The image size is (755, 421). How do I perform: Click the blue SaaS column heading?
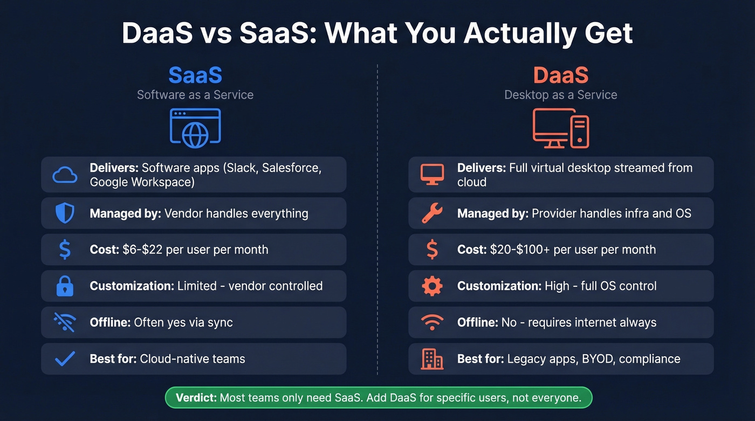click(x=195, y=75)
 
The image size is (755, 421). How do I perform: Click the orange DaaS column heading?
click(x=560, y=75)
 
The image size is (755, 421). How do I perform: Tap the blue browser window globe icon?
click(x=195, y=128)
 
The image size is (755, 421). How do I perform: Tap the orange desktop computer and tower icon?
click(x=561, y=128)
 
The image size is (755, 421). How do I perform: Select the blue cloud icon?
click(x=65, y=175)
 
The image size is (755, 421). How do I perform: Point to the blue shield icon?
click(x=65, y=213)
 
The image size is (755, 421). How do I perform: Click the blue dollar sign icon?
click(x=65, y=250)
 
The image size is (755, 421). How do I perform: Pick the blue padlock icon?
click(x=65, y=286)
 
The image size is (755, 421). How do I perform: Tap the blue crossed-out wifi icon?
click(x=65, y=322)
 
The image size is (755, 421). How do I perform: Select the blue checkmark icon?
click(x=65, y=359)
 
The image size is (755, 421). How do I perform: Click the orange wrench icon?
click(x=432, y=213)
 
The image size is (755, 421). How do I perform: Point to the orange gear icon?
click(x=432, y=286)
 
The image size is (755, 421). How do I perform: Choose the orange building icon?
click(x=432, y=359)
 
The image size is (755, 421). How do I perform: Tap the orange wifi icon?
click(x=432, y=322)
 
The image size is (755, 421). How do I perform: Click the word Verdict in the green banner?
click(x=196, y=398)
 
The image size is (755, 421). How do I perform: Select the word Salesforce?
click(x=291, y=168)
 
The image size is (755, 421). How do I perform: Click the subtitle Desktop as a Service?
click(x=560, y=95)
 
